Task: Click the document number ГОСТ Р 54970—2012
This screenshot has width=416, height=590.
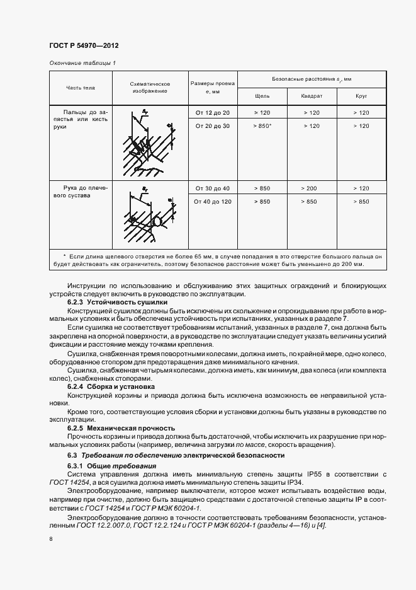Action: [x=84, y=46]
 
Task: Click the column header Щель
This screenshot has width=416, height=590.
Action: [x=262, y=96]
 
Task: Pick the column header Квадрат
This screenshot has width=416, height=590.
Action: [x=312, y=96]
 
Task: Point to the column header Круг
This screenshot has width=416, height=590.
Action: [x=361, y=96]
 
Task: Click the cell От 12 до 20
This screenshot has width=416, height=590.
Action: [x=212, y=112]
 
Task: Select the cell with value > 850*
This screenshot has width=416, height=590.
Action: [x=262, y=126]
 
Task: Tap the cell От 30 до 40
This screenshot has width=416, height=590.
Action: [x=212, y=188]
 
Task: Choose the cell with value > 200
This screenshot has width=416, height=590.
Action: [x=312, y=188]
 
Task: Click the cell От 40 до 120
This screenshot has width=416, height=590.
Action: [x=212, y=202]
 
